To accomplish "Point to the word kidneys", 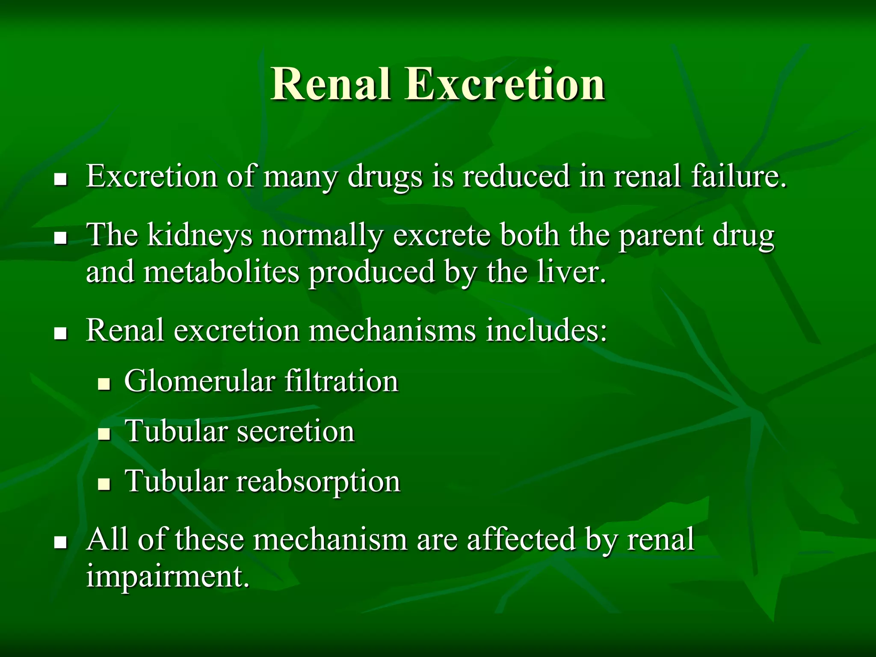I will coord(200,236).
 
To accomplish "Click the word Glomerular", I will coord(200,381).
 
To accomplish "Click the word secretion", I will coord(296,431).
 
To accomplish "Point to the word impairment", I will coord(168,577).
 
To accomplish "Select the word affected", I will coord(521,539).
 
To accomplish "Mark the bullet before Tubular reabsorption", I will coord(104,484).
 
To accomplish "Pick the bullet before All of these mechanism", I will coord(61,542).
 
